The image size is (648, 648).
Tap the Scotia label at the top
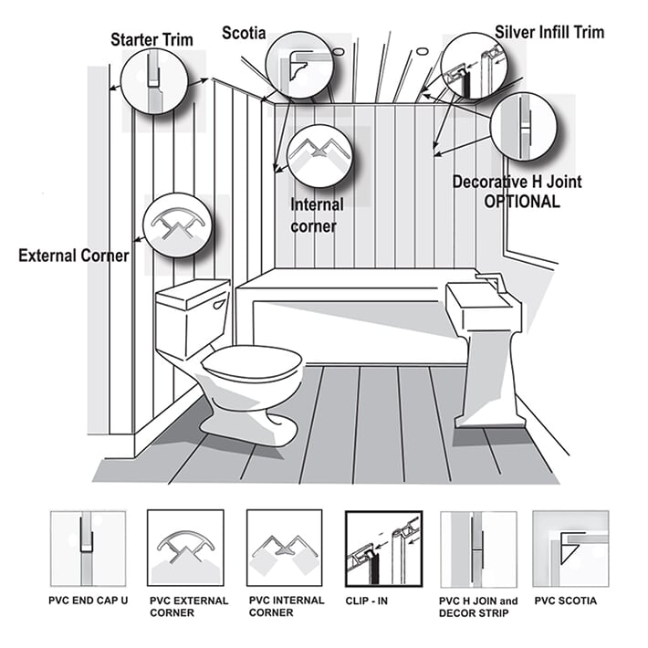[245, 33]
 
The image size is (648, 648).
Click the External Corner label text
[73, 256]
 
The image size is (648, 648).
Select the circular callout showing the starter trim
[152, 80]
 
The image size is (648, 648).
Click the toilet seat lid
[251, 363]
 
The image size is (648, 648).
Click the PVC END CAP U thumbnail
[87, 548]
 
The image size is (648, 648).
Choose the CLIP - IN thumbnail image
[382, 548]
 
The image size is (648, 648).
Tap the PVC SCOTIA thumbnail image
[570, 548]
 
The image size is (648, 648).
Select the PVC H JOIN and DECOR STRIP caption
[479, 606]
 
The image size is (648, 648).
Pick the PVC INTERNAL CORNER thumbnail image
[285, 548]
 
